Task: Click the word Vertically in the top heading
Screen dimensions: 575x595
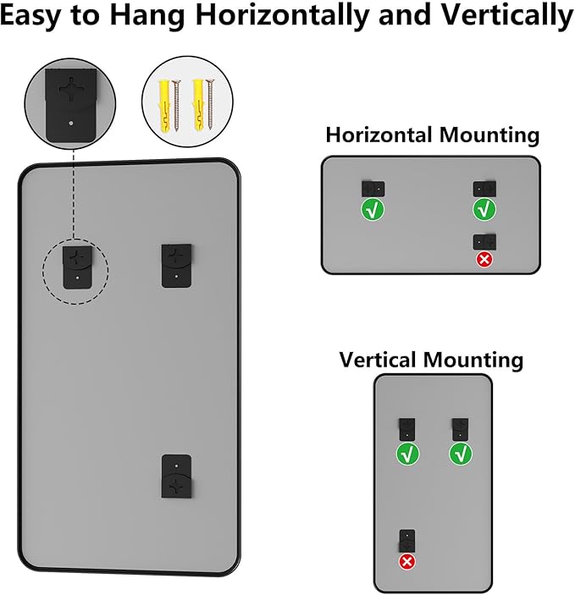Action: [507, 15]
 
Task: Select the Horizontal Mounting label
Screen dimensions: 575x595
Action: [433, 135]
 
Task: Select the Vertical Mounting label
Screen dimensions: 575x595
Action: [431, 360]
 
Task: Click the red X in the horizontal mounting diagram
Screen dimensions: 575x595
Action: [484, 260]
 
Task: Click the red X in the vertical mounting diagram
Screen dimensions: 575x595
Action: [406, 562]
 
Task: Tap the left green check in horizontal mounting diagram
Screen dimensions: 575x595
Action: [373, 209]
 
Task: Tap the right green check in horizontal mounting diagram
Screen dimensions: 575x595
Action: [484, 209]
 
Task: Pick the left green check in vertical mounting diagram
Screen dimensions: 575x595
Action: [407, 455]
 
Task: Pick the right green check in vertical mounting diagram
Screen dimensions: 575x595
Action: [461, 455]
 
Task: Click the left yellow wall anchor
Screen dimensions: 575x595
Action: [164, 106]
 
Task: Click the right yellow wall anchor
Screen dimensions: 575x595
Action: [199, 105]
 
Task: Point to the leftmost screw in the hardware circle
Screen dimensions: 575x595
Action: [176, 106]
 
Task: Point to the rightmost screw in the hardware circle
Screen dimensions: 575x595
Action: [210, 104]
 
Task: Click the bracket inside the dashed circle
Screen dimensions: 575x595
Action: [77, 267]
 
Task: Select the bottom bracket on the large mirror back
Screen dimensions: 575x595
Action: [177, 477]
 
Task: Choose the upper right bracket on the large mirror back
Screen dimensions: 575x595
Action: [177, 266]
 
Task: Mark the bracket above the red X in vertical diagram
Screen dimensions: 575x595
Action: [407, 540]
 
